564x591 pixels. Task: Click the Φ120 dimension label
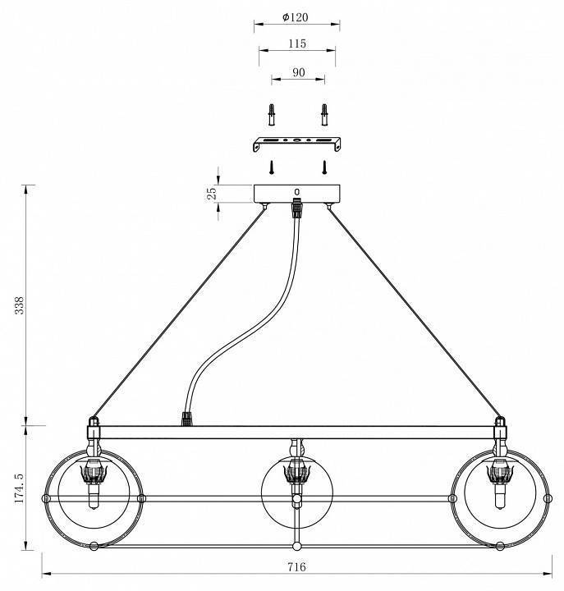[x=296, y=16]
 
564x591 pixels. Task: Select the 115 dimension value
[x=297, y=44]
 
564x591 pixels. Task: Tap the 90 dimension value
[x=297, y=72]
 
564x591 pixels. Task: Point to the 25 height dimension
[x=211, y=193]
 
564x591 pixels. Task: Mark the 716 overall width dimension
[x=297, y=566]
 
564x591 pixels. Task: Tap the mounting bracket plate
[x=296, y=143]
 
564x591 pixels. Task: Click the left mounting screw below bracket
[x=270, y=167]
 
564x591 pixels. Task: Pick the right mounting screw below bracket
[x=324, y=167]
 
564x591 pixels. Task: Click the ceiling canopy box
[x=296, y=193]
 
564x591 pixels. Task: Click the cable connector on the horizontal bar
[x=186, y=419]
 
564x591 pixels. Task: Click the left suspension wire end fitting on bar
[x=93, y=426]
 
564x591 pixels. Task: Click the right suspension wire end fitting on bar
[x=498, y=426]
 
